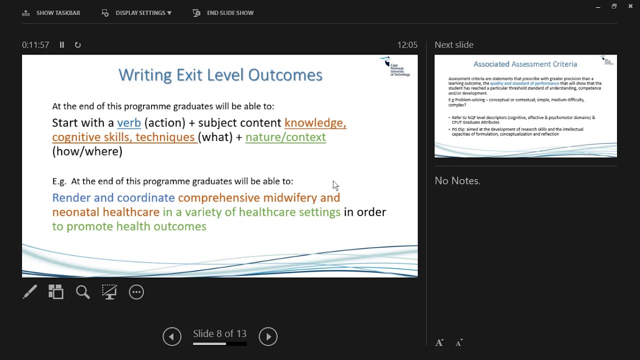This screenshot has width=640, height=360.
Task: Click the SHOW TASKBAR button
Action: [51, 13]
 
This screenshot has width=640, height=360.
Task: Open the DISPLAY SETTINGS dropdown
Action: [137, 13]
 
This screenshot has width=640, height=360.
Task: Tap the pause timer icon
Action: [62, 45]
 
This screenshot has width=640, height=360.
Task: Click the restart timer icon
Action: [78, 45]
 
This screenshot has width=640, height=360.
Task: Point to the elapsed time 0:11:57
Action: [35, 45]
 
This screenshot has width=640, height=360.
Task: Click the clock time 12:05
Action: [407, 45]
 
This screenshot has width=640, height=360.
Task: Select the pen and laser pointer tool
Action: [30, 292]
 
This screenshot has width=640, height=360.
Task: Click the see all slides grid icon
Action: [56, 292]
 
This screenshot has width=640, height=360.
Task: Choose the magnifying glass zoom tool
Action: [83, 292]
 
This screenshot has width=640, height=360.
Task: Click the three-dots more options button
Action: [136, 292]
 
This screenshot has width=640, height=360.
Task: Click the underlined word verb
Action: [129, 123]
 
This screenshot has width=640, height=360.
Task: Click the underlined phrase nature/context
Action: [285, 137]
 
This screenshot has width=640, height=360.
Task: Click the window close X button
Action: [630, 6]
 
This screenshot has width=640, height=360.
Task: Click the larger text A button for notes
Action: [439, 343]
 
